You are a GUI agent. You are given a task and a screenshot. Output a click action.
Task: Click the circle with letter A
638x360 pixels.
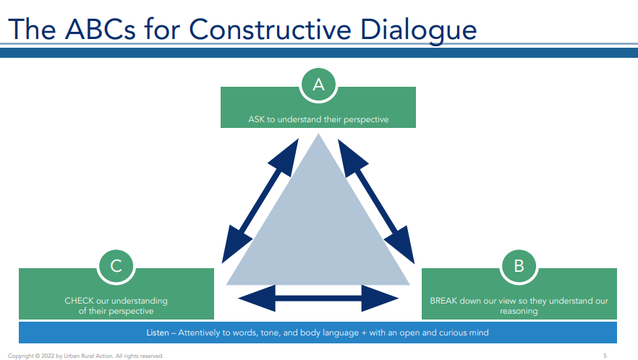[x=318, y=85]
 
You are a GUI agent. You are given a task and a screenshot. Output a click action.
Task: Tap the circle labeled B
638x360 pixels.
[x=519, y=265]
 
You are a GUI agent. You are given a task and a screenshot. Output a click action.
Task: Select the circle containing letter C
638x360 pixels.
[x=116, y=265]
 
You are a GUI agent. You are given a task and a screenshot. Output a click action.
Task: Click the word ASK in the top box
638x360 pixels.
[x=257, y=119]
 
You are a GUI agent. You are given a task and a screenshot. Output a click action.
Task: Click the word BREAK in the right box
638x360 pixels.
[x=445, y=301]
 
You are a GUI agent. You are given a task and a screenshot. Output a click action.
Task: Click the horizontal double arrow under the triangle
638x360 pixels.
[x=318, y=298]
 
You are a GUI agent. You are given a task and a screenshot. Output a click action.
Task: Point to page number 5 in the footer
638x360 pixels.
[x=605, y=356]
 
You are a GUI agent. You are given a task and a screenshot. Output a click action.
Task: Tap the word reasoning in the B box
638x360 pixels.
[x=519, y=312]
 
